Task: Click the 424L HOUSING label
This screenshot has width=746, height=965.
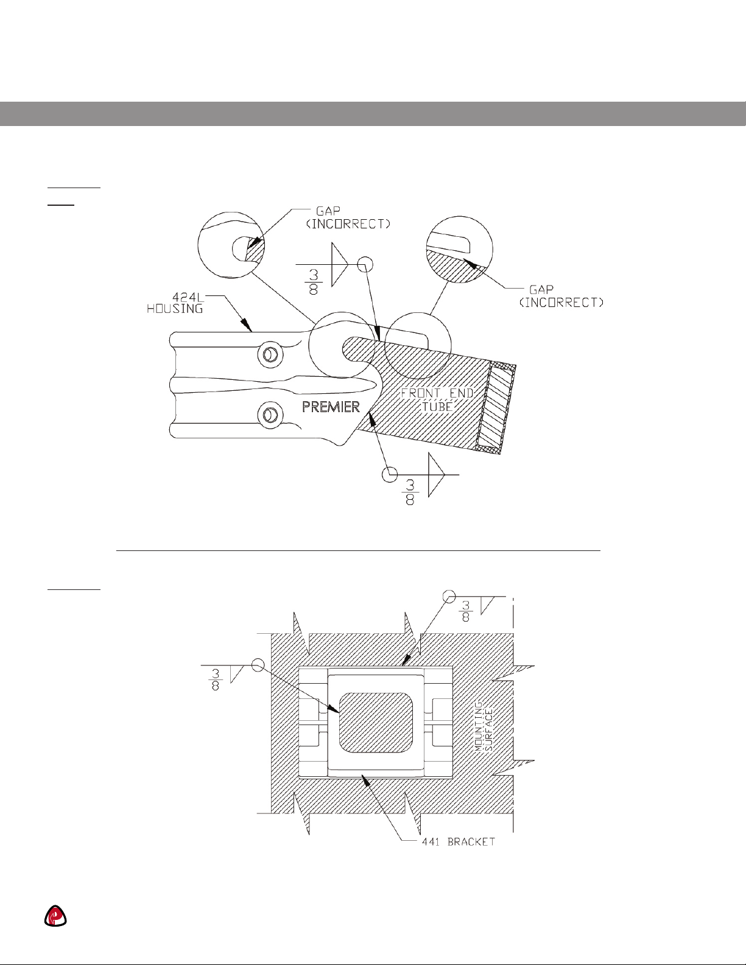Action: click(x=175, y=303)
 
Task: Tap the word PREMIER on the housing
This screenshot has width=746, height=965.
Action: click(x=331, y=407)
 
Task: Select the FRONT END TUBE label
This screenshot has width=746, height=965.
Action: click(x=437, y=399)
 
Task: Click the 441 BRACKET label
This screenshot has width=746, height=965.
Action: click(x=458, y=842)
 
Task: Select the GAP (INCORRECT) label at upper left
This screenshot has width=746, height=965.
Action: click(x=348, y=217)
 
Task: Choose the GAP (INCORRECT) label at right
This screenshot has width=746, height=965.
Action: click(x=561, y=297)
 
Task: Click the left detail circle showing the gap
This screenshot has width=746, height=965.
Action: click(x=231, y=245)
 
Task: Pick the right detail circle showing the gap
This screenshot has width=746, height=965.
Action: click(x=460, y=250)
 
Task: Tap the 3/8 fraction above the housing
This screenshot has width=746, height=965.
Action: click(x=314, y=283)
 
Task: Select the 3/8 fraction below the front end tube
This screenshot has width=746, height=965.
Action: click(x=409, y=493)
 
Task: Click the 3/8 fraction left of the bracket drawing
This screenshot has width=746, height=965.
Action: click(x=215, y=680)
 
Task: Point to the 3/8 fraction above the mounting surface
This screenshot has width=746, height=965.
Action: click(x=465, y=611)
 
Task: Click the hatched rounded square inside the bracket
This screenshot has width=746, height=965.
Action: click(x=376, y=723)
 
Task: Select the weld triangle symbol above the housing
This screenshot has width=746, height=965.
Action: click(x=339, y=265)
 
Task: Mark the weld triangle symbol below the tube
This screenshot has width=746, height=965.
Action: click(x=436, y=475)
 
